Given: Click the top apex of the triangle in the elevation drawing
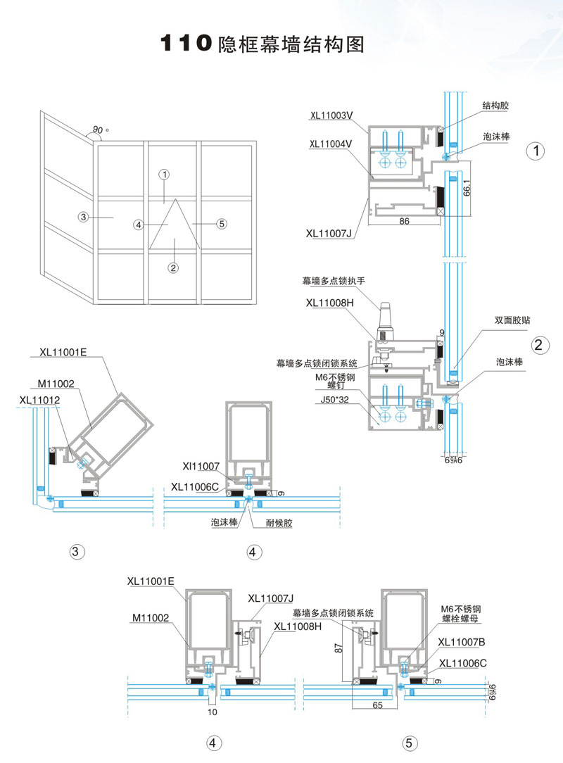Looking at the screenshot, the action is tap(175, 198).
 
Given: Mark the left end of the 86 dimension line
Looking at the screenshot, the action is tap(368, 225).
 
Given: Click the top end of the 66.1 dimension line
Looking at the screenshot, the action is tap(472, 162).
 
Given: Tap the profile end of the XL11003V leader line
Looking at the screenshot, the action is tap(368, 133).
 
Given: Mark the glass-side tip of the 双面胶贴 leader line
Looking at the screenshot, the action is tap(453, 368).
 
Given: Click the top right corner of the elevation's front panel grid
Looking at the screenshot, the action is tap(256, 141).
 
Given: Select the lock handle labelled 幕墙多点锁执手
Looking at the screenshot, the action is tap(384, 321).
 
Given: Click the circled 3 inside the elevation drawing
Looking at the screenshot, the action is tap(83, 217).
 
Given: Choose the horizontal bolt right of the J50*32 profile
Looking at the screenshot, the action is tap(424, 403).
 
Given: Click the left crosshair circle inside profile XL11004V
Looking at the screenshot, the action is tap(385, 163).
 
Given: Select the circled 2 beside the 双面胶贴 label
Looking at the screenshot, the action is tap(538, 345).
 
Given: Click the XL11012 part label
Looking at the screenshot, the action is tap(39, 400).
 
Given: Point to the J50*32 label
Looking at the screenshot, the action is tap(334, 400).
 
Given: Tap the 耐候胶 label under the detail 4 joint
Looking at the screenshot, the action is tap(279, 523).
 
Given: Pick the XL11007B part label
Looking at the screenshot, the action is tap(461, 643).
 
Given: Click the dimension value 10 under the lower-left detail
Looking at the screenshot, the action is tap(212, 712).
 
